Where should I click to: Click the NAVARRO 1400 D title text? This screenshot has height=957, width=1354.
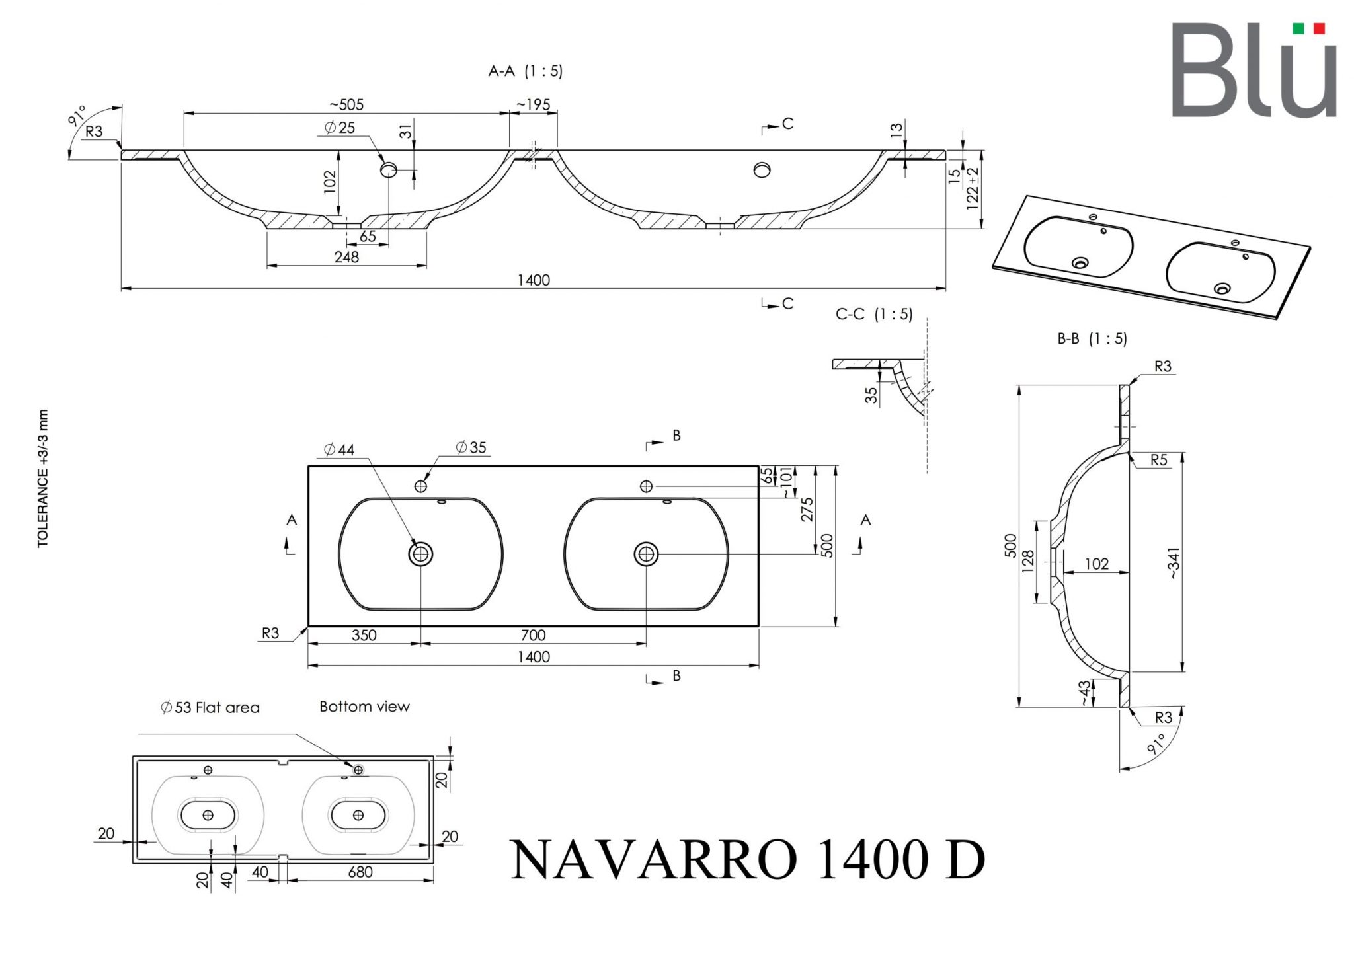[748, 860]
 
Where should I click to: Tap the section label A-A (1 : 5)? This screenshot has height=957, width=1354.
[526, 71]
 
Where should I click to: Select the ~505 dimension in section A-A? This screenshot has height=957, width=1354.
[346, 104]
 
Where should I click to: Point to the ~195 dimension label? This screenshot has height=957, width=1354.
[533, 104]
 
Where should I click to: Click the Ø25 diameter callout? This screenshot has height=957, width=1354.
[340, 127]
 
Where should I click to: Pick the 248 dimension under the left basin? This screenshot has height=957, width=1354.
[346, 256]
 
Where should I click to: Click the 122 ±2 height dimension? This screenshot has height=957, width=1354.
[972, 188]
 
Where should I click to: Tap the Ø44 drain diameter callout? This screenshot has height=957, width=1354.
[340, 450]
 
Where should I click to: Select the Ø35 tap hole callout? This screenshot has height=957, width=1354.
[471, 447]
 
